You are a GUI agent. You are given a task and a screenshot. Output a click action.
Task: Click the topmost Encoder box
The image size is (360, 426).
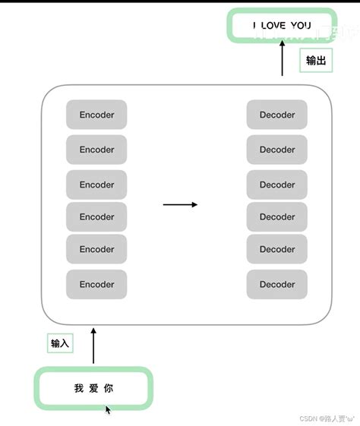96,115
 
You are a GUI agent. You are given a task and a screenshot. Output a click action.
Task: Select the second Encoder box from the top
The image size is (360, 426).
96,150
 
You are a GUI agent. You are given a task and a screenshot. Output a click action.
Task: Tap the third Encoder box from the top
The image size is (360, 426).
96,185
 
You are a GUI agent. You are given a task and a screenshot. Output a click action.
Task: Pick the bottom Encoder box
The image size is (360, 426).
96,285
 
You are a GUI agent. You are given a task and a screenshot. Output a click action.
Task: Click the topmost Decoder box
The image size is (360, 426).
276,115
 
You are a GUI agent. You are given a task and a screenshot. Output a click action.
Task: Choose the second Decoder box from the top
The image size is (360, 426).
276,150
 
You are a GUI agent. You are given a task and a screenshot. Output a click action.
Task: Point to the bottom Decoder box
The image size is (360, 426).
276,285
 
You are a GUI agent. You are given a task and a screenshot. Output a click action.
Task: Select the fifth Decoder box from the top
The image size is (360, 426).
276,249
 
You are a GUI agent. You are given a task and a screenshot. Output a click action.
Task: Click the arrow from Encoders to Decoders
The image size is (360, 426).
180,204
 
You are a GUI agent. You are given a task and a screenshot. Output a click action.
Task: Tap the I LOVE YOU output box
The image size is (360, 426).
282,25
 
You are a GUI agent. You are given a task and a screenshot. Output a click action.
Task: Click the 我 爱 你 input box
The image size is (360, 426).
93,388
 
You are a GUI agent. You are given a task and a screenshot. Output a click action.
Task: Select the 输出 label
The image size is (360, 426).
316,61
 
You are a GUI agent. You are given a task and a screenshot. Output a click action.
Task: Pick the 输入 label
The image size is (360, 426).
60,343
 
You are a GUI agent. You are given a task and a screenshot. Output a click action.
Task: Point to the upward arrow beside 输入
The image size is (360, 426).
93,346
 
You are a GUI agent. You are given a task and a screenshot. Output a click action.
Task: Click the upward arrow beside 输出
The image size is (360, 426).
283,58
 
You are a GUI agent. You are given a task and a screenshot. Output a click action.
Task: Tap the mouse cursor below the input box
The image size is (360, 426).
108,410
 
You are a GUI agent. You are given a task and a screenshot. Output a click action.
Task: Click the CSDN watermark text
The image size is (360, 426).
327,418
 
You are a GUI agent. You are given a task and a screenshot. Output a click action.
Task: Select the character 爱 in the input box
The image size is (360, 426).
93,388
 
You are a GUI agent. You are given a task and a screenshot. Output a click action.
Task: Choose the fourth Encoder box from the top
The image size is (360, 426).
96,216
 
